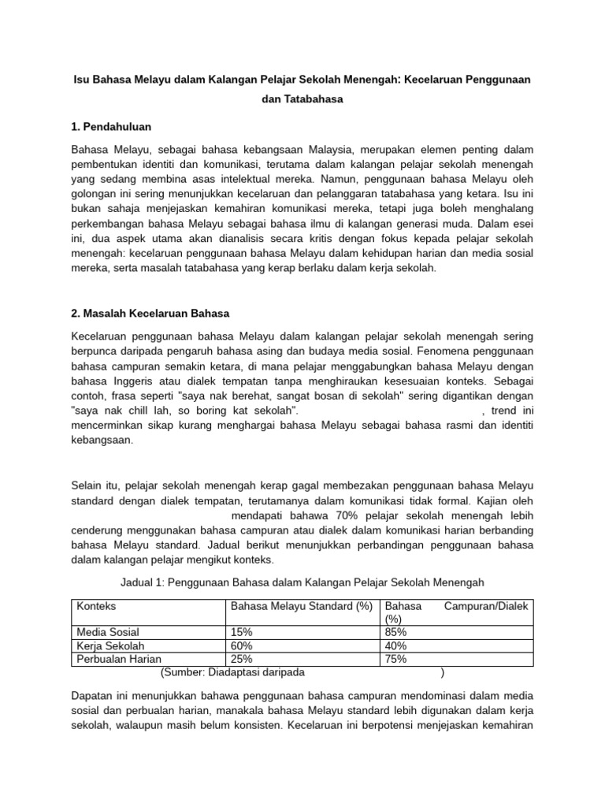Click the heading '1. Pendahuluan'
(111, 126)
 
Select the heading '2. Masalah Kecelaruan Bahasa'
(150, 313)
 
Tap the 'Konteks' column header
(96, 607)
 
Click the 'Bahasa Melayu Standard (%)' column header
(300, 607)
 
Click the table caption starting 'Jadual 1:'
(302, 582)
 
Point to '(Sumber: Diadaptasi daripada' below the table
(232, 672)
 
